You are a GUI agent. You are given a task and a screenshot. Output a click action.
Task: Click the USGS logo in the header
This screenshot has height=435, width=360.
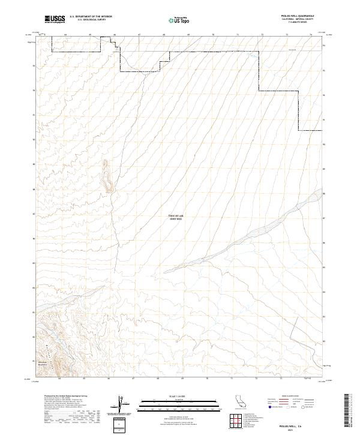coord(55,19)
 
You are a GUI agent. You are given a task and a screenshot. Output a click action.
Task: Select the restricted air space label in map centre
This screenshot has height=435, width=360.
coord(175,219)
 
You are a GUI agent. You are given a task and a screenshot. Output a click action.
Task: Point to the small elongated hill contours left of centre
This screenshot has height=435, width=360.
coord(107,176)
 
